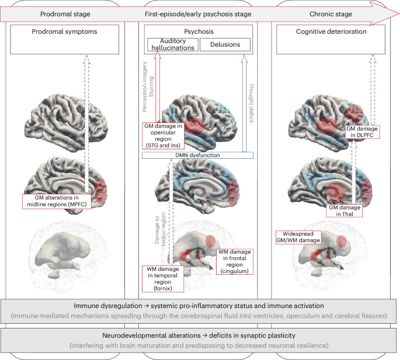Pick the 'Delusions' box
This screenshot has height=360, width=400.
[225, 44]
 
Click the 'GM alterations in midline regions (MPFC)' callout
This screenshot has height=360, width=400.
[54, 201]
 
